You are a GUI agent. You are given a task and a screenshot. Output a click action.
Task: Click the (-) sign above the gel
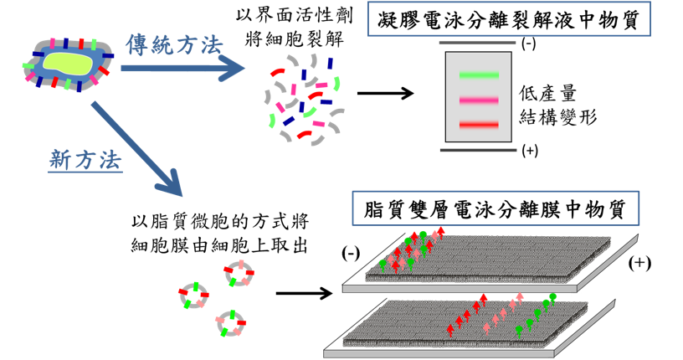point(528,44)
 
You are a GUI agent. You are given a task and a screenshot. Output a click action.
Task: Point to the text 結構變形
point(557,116)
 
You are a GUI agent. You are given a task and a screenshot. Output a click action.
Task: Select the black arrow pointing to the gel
point(386,94)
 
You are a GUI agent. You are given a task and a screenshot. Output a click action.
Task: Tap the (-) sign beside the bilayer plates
point(352,252)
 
